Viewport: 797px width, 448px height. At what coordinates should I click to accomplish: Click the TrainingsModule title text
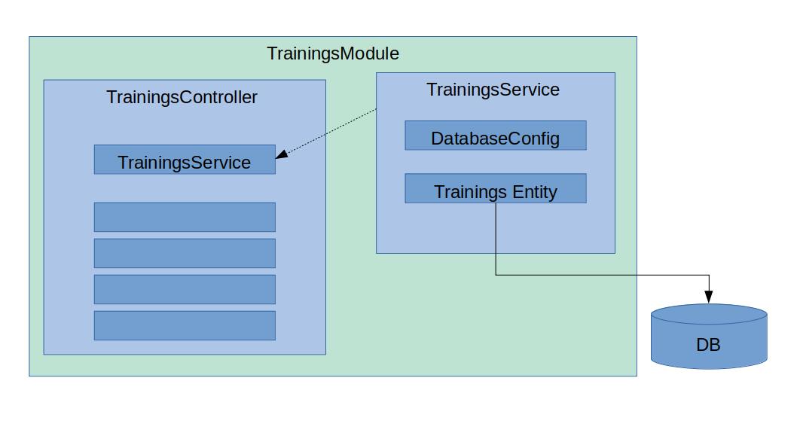[333, 53]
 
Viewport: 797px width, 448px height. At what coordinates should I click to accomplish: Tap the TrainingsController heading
[182, 97]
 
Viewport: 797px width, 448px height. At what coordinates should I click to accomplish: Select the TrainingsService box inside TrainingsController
[185, 160]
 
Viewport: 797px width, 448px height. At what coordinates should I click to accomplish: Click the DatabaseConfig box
[496, 135]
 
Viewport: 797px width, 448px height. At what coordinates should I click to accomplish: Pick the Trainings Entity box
[496, 188]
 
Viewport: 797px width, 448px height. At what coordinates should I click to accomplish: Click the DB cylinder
[709, 337]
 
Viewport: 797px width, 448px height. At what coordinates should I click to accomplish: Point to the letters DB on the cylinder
[709, 345]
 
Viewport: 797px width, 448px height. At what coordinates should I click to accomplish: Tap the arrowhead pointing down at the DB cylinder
[709, 297]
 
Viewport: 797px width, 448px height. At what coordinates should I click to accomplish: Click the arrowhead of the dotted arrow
[282, 154]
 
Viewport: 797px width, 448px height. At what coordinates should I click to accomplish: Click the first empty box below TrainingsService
[185, 217]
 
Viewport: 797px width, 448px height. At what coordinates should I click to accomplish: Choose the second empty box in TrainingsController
[185, 253]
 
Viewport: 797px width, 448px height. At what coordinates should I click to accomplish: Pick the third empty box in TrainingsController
[185, 289]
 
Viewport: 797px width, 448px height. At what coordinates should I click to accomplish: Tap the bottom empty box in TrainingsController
[185, 325]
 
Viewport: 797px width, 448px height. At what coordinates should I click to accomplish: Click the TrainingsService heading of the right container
[493, 90]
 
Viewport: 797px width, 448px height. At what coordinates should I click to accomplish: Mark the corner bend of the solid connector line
[496, 276]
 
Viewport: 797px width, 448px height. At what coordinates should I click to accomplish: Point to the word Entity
[535, 192]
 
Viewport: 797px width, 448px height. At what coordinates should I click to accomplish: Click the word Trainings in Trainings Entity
[471, 192]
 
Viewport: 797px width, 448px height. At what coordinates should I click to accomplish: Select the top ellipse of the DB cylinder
[709, 314]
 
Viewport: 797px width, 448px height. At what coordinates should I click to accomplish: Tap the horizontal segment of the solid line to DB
[603, 276]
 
